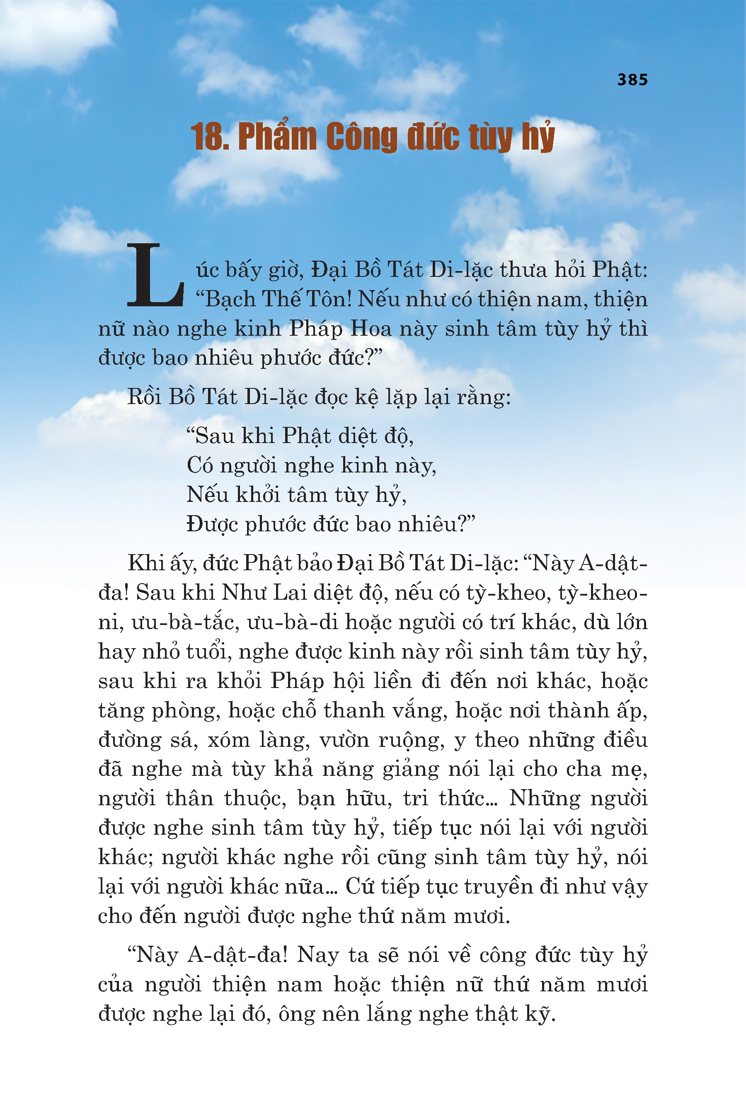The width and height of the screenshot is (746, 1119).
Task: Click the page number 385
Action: point(632,80)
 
